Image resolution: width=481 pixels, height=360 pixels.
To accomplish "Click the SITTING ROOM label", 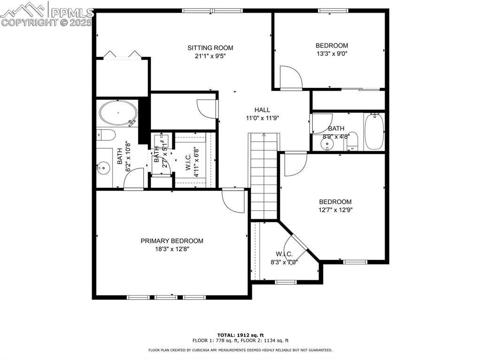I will click(210, 48).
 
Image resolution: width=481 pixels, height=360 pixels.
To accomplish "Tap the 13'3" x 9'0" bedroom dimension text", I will click(332, 54).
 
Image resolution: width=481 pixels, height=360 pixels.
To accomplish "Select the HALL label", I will click(262, 110).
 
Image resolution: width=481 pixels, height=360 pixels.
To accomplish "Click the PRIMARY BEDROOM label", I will click(172, 241).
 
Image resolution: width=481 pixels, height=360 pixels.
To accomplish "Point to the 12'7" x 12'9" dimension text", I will click(335, 210).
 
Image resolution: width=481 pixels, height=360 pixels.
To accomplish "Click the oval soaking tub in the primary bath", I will click(118, 113).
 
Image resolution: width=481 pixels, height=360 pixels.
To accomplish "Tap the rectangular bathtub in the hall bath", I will click(374, 132).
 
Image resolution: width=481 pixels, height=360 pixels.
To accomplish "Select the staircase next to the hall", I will click(264, 176).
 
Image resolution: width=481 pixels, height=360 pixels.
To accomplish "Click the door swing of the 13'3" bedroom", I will click(290, 77).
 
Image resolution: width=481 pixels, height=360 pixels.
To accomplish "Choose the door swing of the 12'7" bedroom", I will click(295, 164).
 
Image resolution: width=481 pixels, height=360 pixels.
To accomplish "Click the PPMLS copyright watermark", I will click(47, 14).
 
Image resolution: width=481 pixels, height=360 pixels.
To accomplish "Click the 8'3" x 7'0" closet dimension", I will click(284, 262).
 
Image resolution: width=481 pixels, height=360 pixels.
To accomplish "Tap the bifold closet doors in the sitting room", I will click(122, 54).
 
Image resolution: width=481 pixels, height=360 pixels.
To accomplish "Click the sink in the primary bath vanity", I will click(103, 167).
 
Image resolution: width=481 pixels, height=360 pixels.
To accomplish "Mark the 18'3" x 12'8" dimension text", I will click(172, 249).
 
